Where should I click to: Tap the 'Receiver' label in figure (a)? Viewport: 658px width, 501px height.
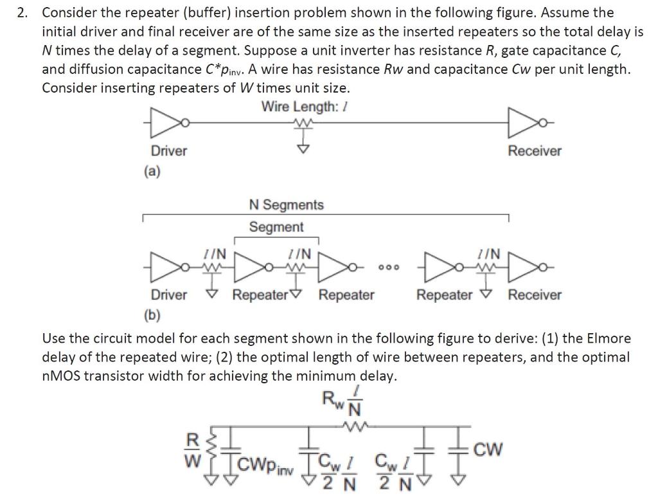[x=534, y=151]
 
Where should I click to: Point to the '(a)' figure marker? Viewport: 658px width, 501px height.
[x=152, y=172]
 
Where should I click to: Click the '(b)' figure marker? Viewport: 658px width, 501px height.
[x=152, y=315]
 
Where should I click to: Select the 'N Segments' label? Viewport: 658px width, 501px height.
[x=286, y=205]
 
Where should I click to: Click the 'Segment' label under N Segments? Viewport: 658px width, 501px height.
[x=276, y=227]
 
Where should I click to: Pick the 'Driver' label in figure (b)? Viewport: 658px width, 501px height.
[x=169, y=295]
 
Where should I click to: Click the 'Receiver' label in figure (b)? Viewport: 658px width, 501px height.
[x=534, y=295]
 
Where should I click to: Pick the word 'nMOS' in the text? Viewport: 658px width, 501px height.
[x=62, y=376]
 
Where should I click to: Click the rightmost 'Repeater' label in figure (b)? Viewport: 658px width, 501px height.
[x=444, y=295]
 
